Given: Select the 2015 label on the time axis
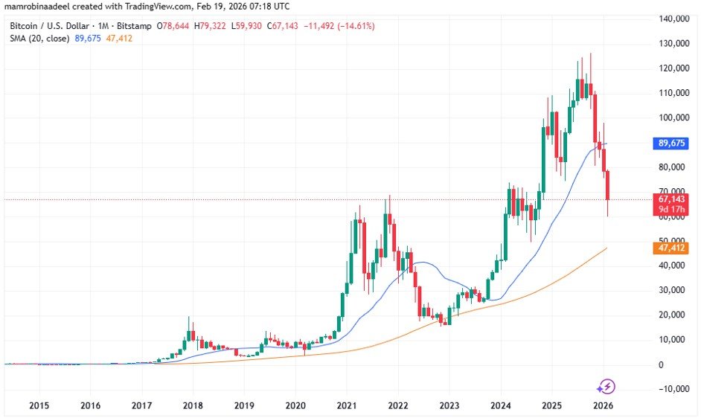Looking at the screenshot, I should tap(39, 405).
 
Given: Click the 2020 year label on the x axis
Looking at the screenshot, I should tap(295, 405).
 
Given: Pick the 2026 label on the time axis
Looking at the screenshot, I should tap(604, 405).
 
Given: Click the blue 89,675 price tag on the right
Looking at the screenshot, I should tap(673, 144).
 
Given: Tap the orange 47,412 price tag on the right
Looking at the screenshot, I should tap(673, 248).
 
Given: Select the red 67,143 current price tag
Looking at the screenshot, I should tap(673, 199).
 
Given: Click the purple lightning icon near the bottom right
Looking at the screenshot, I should tap(606, 386).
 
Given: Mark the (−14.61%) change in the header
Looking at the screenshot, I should tap(353, 26).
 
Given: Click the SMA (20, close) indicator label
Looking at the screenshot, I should tap(38, 39).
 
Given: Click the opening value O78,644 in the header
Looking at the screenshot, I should tap(176, 26).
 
